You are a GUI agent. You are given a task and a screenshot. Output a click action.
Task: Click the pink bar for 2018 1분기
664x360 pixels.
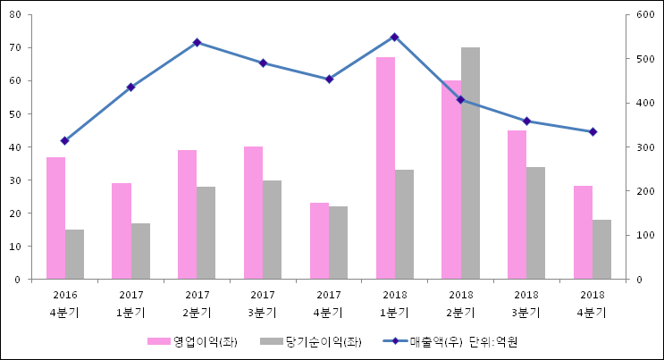coord(385,168)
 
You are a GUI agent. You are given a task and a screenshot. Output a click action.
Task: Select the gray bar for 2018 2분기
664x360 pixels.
coord(470,163)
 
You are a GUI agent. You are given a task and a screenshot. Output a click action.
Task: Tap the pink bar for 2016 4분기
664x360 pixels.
coord(55,218)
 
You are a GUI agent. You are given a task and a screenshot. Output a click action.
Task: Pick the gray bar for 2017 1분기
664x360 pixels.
coord(140,251)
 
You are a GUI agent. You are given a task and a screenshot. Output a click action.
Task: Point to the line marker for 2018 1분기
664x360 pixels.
coord(394,37)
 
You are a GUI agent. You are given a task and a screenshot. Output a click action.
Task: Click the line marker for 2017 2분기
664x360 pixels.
coord(197,42)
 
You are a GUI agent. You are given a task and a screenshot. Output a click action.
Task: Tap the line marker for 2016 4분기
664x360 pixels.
coord(64,140)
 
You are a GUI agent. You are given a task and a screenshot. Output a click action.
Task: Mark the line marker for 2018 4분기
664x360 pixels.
coord(593,131)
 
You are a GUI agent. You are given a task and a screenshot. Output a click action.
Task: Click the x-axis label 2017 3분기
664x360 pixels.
coord(263,303)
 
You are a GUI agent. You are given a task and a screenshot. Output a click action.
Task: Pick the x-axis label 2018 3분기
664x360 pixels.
coord(526,303)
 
